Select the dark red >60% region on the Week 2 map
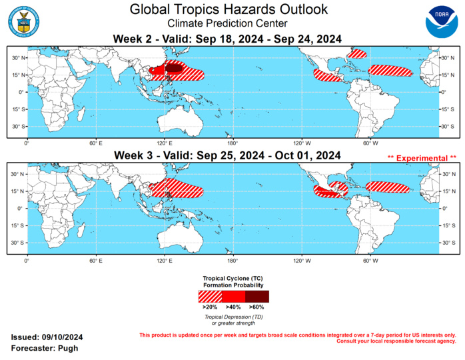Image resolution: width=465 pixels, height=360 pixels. coord(174,67)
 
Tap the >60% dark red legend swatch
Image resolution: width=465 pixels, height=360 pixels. coord(256,296)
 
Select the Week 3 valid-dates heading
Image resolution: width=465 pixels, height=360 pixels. coord(227,155)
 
